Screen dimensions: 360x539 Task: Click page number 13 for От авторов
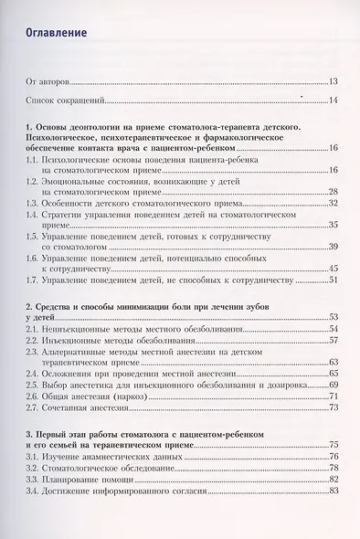(x=334, y=81)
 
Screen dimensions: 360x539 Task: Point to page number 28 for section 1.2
(x=334, y=191)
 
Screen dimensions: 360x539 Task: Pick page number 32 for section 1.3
(x=334, y=202)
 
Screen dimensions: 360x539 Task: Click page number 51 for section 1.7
(x=334, y=279)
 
